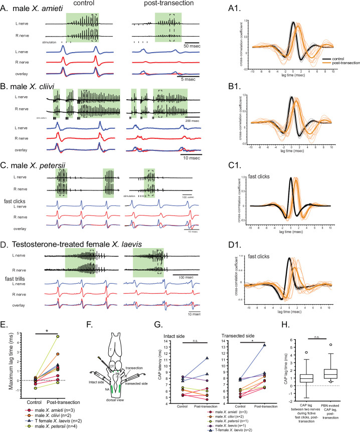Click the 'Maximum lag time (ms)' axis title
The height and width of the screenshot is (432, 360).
[6, 360]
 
